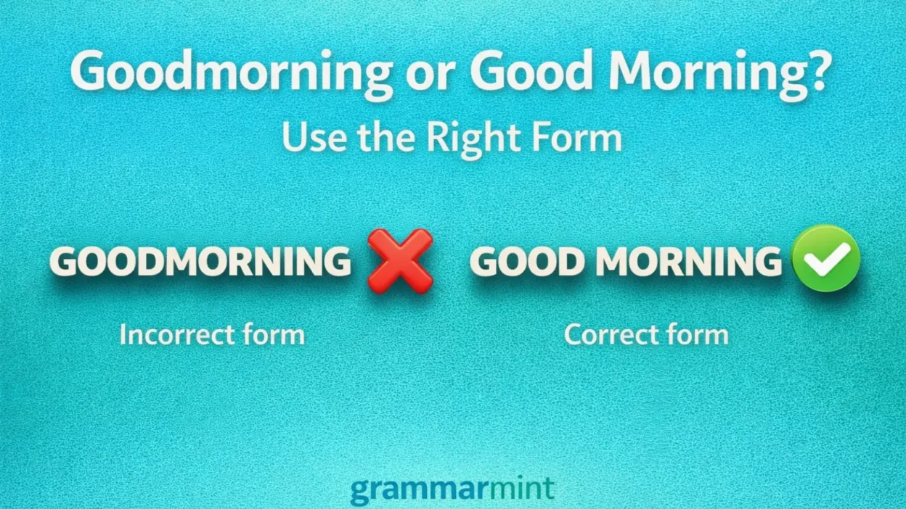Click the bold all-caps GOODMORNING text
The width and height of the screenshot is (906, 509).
(x=200, y=262)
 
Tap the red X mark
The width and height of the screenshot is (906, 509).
(x=399, y=260)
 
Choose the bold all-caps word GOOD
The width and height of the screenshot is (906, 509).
(x=528, y=262)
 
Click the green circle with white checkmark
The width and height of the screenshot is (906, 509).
(x=825, y=259)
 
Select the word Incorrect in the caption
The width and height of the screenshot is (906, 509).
(x=176, y=335)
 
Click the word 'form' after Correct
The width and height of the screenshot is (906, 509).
(x=696, y=335)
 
